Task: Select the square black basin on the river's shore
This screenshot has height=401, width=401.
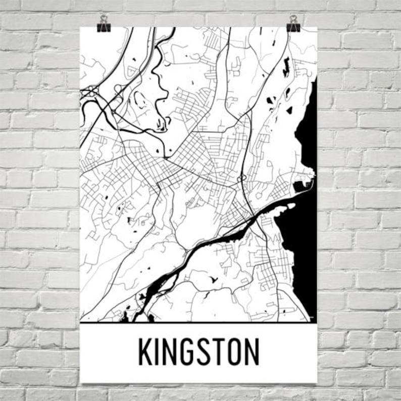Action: click(299, 186)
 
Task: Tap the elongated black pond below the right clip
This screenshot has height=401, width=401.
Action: click(286, 66)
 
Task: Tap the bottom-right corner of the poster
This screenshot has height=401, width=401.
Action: click(316, 382)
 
